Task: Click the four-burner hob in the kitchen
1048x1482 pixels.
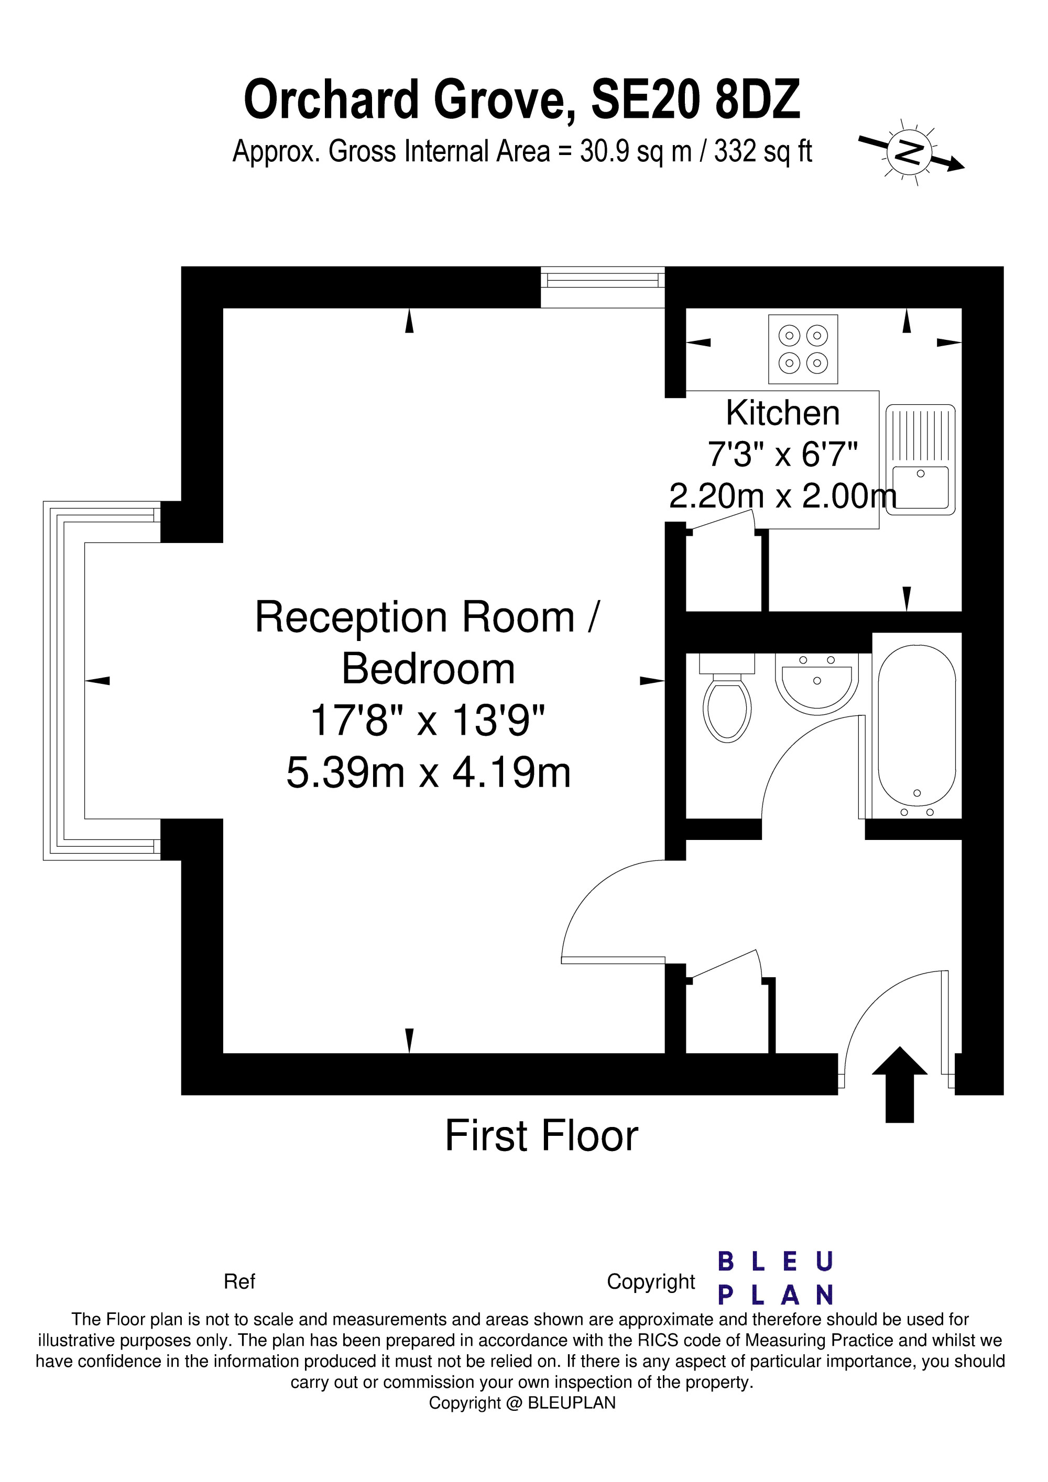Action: coord(803,349)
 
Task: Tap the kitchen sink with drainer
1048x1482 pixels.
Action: coord(920,460)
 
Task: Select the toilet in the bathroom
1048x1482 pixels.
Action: coord(728,697)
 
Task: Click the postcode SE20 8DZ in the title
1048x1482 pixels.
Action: coord(695,99)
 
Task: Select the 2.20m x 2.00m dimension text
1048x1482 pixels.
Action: coord(783,496)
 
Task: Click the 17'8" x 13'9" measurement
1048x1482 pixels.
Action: coord(428,721)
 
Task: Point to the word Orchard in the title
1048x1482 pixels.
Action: coord(332,99)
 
